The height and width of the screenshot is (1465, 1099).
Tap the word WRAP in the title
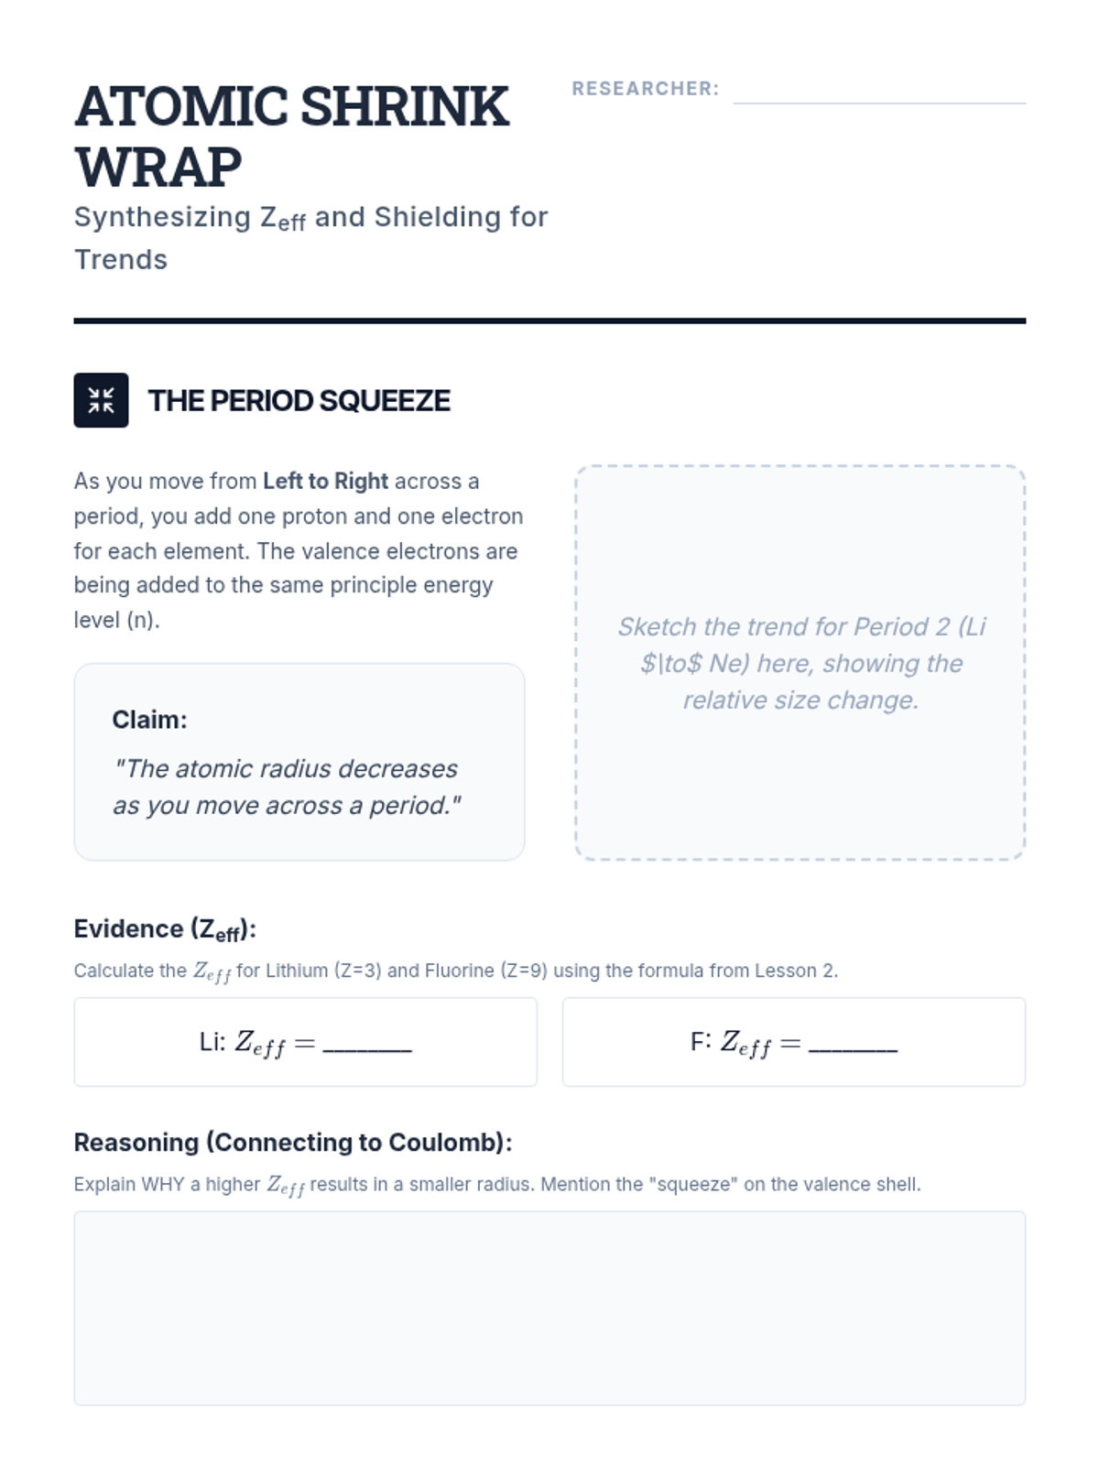[x=158, y=168]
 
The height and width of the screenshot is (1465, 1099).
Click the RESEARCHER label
[x=645, y=89]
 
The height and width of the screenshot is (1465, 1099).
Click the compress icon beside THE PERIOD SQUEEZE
[x=101, y=400]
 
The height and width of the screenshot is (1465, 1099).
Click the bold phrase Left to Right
[x=325, y=482]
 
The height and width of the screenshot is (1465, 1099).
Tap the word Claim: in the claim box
[x=149, y=720]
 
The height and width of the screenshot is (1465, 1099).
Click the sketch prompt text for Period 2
[x=800, y=663]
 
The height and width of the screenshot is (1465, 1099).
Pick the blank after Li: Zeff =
[x=367, y=1044]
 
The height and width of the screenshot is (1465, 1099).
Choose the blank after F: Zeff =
[x=853, y=1044]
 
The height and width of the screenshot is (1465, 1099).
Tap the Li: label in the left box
[x=212, y=1043]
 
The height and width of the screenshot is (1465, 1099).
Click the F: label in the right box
[x=701, y=1043]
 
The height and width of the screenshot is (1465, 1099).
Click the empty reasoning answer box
[x=549, y=1308]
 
